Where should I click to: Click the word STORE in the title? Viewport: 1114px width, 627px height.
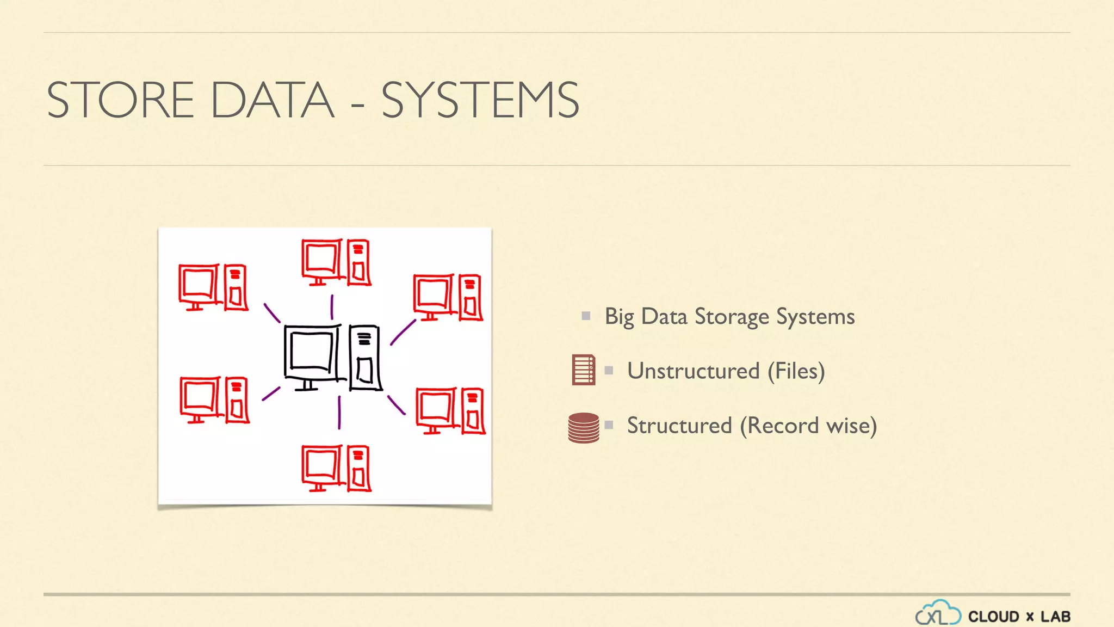(x=120, y=100)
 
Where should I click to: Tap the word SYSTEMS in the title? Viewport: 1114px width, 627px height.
(x=480, y=100)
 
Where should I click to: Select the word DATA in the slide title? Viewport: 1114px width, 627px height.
(x=272, y=100)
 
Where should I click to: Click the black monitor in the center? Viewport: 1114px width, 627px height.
(x=312, y=354)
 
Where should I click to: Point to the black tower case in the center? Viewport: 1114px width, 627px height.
(x=364, y=358)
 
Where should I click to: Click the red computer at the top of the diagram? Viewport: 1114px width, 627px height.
(x=336, y=262)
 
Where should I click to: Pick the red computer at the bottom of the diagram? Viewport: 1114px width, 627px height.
(x=336, y=468)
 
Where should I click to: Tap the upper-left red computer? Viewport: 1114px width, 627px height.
(x=213, y=287)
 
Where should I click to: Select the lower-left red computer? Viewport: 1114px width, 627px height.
(x=214, y=399)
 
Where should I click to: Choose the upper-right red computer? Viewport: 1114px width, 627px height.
(x=448, y=297)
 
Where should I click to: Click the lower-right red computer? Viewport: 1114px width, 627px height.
(x=450, y=410)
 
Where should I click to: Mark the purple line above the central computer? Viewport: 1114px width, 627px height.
(x=332, y=307)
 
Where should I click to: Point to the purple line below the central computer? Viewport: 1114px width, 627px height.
(x=339, y=412)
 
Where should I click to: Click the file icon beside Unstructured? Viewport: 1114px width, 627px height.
(x=584, y=370)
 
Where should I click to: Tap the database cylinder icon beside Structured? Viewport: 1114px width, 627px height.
(x=584, y=427)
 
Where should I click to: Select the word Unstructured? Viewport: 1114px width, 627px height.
(x=693, y=371)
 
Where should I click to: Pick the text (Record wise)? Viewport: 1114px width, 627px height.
(x=808, y=426)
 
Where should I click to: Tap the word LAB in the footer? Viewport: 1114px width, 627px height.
(x=1055, y=617)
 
